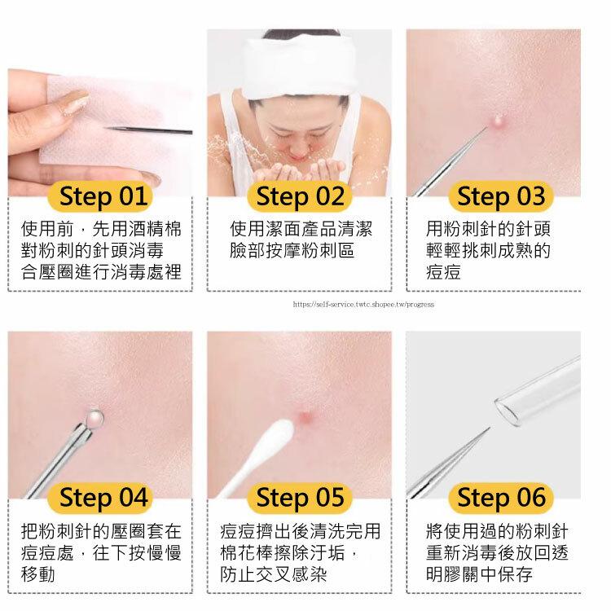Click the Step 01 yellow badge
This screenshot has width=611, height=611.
99,196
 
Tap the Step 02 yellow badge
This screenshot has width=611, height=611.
300,196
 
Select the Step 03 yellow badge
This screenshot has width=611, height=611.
501,196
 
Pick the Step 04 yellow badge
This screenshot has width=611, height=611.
99,498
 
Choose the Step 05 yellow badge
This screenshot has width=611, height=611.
300,498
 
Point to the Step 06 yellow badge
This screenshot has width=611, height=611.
501,498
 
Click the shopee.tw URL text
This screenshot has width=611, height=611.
363,305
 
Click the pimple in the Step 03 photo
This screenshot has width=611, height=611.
498,121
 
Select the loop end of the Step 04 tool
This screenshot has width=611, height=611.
95,418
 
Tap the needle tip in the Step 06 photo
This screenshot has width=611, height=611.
489,429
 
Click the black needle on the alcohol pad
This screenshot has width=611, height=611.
148,130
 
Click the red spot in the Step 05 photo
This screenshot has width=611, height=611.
305,416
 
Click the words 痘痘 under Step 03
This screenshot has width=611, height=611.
443,271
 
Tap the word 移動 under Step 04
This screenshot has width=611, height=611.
38,574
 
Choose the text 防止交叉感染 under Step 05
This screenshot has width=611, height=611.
273,574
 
